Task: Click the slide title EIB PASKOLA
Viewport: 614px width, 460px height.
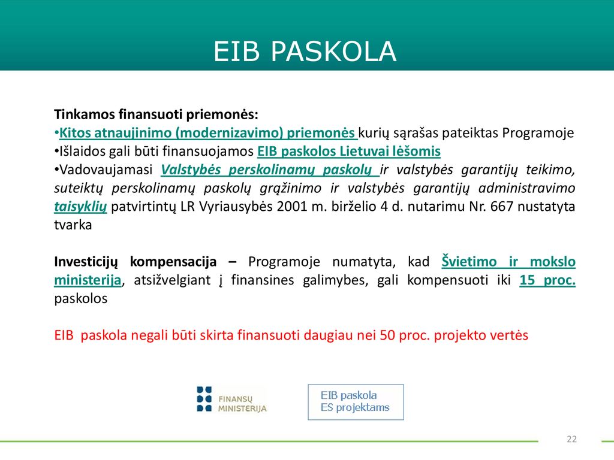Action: (x=305, y=52)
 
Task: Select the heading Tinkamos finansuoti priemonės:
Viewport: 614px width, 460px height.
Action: (x=156, y=114)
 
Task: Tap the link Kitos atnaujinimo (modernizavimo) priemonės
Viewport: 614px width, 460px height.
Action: (x=207, y=133)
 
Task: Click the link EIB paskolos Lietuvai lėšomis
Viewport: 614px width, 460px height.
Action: (x=349, y=152)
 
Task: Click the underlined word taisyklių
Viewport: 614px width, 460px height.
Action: (x=80, y=207)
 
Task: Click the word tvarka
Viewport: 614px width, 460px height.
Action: (x=73, y=225)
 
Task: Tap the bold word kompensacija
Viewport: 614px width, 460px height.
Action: (x=173, y=262)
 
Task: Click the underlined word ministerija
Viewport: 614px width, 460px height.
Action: (x=88, y=280)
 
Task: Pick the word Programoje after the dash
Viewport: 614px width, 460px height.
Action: (x=284, y=262)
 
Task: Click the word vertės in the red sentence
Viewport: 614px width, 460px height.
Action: (x=510, y=335)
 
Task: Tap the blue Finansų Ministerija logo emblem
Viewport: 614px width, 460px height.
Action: (x=204, y=399)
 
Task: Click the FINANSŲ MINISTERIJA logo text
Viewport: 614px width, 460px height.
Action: (x=242, y=404)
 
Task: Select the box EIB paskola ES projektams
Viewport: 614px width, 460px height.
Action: (x=356, y=402)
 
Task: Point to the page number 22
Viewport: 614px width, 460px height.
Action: (x=571, y=439)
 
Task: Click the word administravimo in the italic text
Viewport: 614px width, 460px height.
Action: (x=526, y=188)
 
